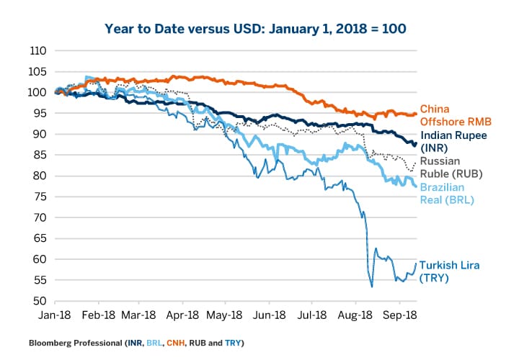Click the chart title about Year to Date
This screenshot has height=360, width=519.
255,29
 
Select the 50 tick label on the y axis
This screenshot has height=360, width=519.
40,301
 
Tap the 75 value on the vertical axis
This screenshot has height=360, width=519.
40,197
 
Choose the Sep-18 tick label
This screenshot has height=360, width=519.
396,315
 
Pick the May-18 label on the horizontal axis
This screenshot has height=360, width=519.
226,315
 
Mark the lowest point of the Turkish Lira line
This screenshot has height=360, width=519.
372,287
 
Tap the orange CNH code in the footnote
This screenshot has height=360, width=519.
177,343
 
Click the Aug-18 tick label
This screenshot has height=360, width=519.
354,315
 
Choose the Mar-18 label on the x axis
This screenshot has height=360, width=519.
141,315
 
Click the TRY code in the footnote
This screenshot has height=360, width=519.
234,343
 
